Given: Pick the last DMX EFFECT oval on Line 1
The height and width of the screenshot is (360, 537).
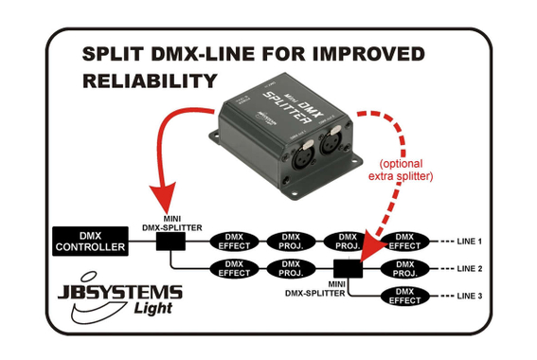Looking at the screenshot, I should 405,241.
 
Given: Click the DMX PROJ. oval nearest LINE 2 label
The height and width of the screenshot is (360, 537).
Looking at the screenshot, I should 405,269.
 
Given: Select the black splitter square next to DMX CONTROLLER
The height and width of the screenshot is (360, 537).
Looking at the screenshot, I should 171,243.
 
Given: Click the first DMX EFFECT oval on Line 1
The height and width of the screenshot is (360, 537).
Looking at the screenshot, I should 232,241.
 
